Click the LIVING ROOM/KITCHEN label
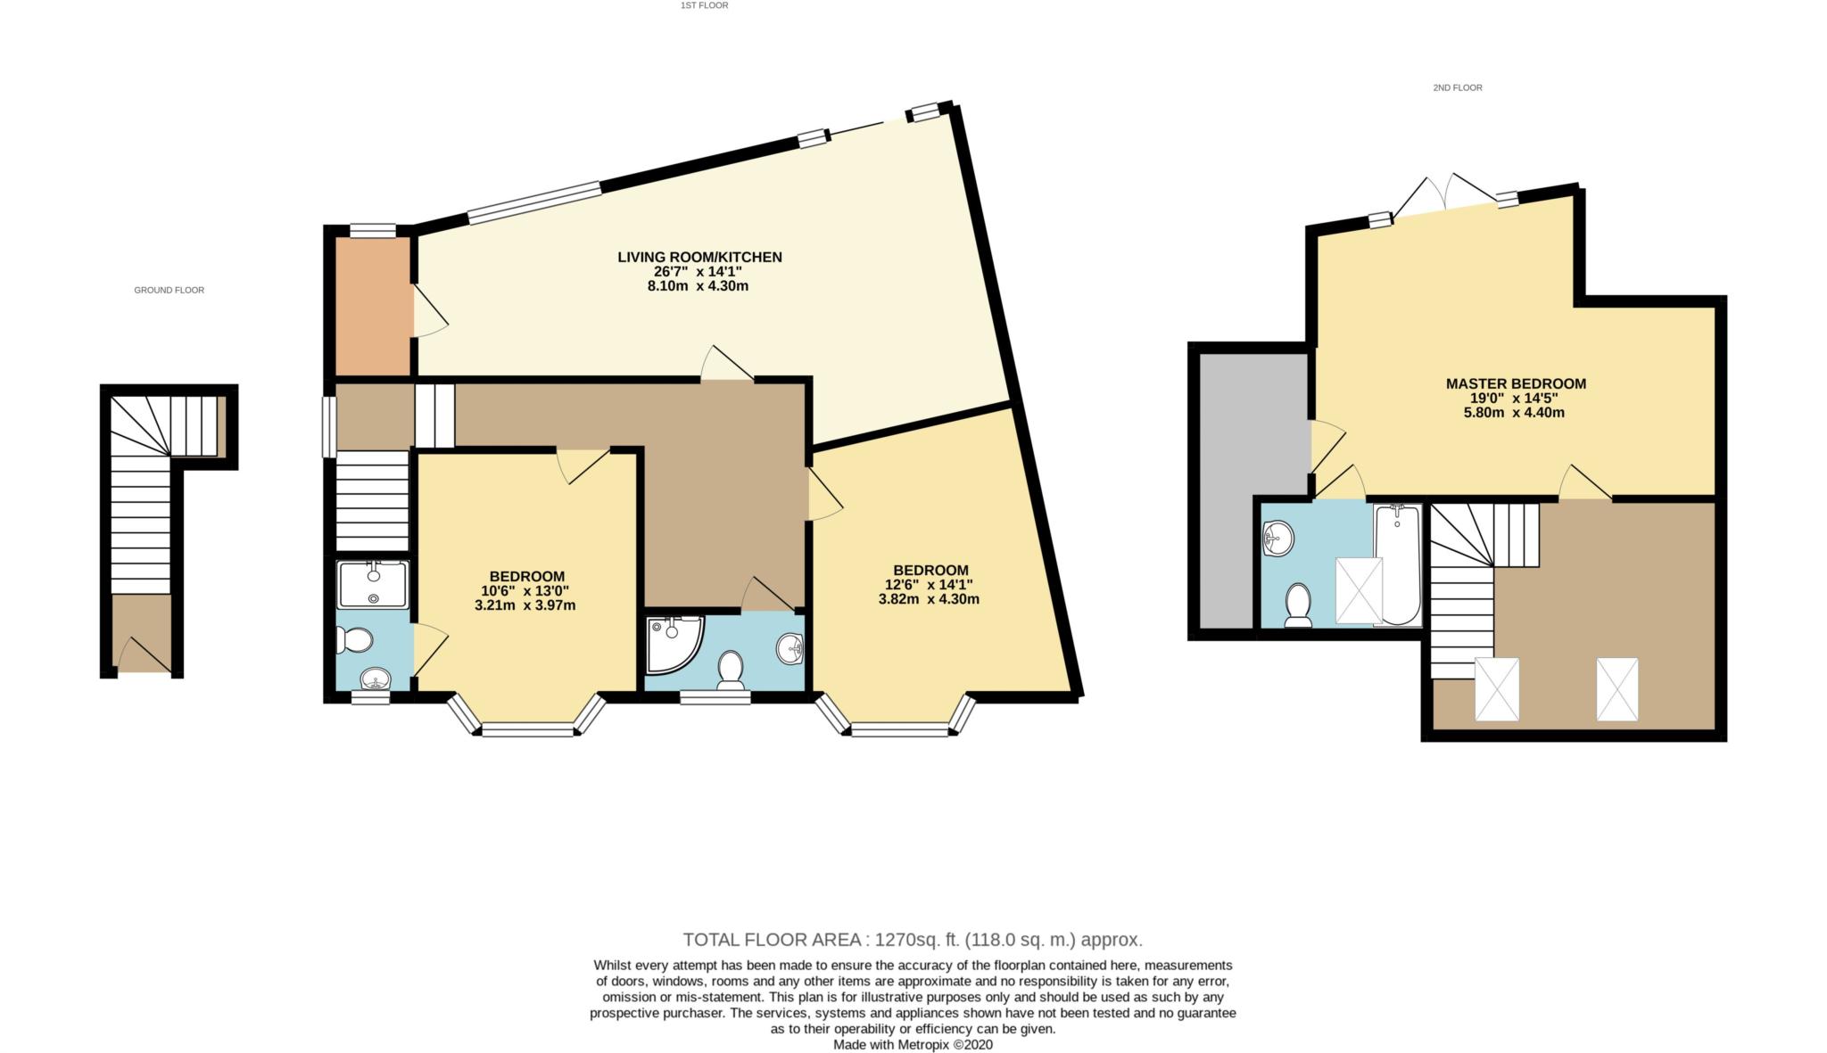point(699,257)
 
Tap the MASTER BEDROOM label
point(1516,383)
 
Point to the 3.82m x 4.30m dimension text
point(929,599)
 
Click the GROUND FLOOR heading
point(169,290)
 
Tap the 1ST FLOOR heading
point(704,5)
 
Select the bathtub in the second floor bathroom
point(1397,564)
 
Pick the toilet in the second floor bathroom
point(1297,605)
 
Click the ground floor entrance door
point(143,656)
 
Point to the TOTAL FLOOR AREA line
point(912,939)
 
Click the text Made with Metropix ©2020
point(912,1044)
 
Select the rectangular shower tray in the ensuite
point(372,584)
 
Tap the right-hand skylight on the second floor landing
point(1616,689)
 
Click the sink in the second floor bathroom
point(1278,539)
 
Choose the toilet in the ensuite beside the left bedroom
point(354,640)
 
